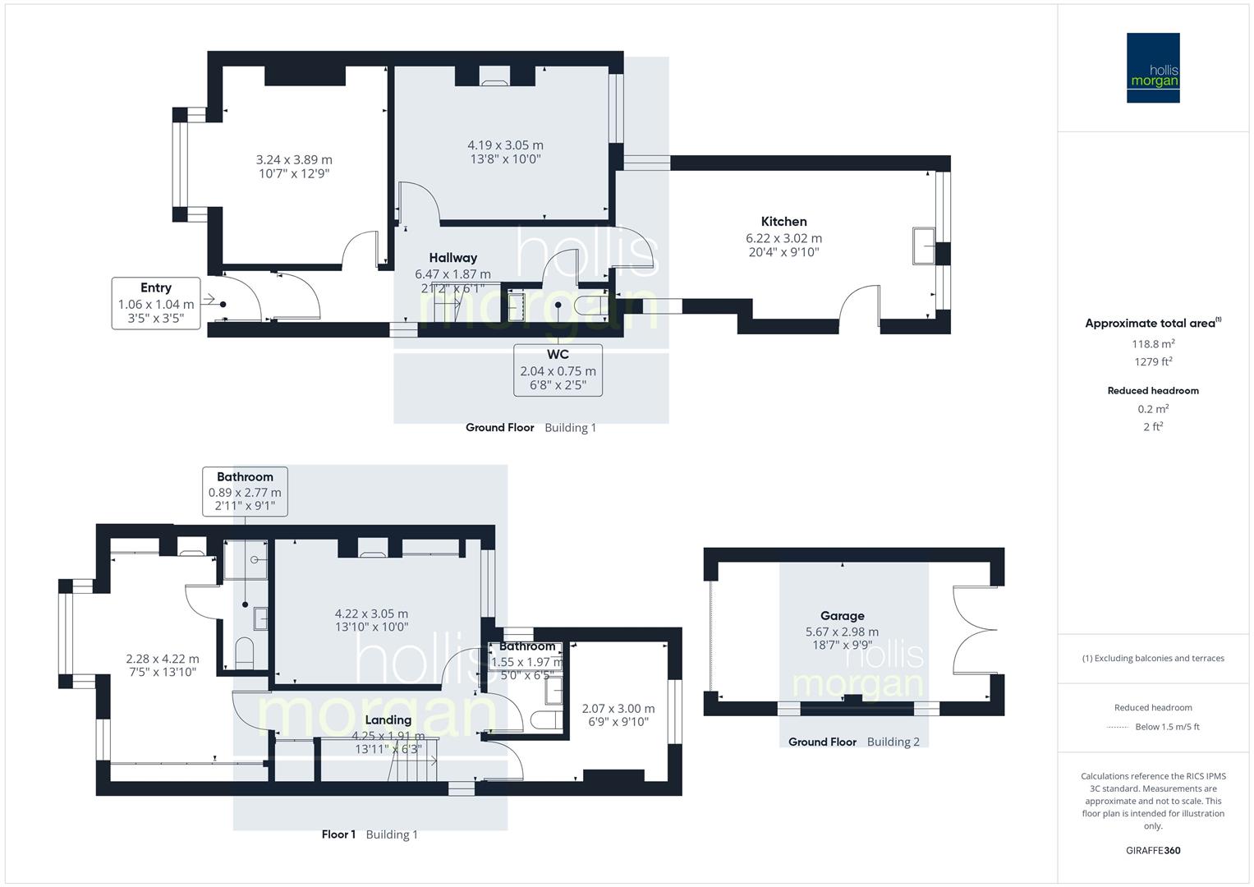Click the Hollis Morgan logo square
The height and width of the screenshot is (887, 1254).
(1153, 68)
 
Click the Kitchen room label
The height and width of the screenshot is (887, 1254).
(783, 222)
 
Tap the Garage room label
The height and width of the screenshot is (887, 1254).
(842, 616)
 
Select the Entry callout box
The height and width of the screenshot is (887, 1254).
(156, 303)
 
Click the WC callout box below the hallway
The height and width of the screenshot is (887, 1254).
(558, 370)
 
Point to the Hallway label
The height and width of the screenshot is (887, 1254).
(452, 258)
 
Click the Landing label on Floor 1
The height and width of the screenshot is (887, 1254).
(388, 720)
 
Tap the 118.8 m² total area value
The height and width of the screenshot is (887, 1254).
(1153, 344)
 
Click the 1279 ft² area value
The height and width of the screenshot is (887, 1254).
(1153, 362)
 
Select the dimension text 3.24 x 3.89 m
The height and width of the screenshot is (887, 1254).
(294, 160)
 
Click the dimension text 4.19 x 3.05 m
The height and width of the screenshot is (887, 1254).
(505, 145)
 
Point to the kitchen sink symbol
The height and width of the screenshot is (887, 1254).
(922, 246)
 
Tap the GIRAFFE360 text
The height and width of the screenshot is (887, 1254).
(1153, 851)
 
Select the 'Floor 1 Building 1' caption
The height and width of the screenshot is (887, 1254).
(370, 834)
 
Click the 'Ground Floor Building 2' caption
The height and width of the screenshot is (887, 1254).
(853, 742)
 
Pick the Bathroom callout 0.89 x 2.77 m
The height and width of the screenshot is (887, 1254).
(245, 491)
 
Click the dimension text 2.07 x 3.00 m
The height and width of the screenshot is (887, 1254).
(618, 709)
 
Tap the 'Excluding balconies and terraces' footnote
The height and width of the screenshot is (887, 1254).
(1153, 659)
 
